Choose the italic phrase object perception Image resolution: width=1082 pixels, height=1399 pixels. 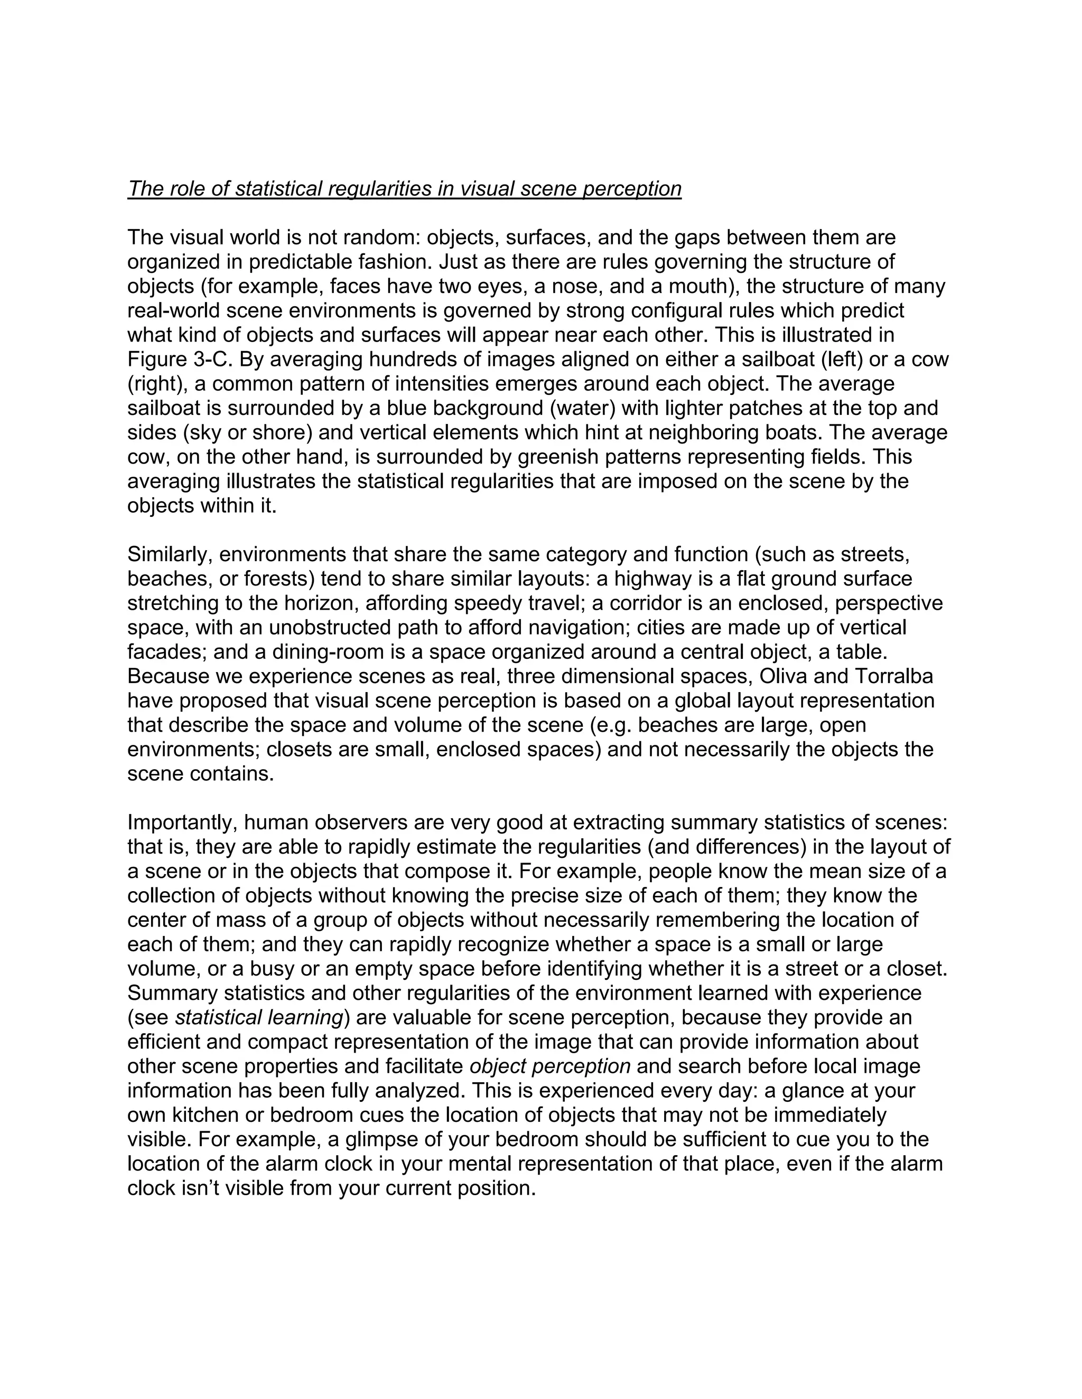(550, 1066)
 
